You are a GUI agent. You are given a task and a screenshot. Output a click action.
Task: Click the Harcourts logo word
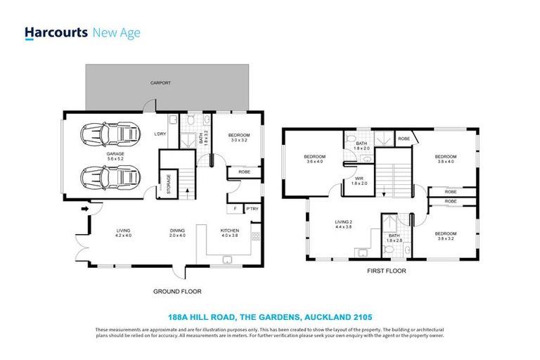(x=56, y=32)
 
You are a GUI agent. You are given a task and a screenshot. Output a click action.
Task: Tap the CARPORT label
(x=160, y=83)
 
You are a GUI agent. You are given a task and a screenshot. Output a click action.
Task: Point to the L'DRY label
(x=160, y=134)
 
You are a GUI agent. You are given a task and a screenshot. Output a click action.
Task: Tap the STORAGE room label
(x=168, y=183)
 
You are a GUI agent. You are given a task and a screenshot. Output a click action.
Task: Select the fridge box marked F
(x=233, y=209)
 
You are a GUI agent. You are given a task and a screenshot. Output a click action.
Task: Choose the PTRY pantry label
(x=252, y=209)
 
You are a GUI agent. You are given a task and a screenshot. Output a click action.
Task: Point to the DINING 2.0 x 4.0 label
(x=176, y=233)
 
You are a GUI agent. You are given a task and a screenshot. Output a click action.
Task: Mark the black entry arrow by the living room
(x=85, y=209)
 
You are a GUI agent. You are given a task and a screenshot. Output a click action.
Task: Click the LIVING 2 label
(x=344, y=224)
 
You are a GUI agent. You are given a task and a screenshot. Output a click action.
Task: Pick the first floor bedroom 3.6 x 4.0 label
(x=314, y=159)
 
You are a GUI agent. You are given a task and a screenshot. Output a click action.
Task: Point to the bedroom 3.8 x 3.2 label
(x=445, y=236)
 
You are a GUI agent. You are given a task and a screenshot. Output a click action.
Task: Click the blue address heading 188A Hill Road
(x=269, y=318)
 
